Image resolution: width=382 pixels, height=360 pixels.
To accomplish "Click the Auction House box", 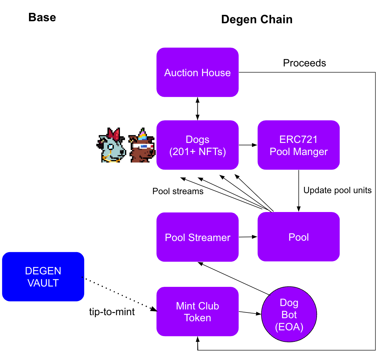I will tap(197, 72).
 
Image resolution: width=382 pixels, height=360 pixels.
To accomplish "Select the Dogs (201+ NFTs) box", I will tap(197, 145).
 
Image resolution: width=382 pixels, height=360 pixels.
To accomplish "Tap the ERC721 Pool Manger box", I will tap(298, 145).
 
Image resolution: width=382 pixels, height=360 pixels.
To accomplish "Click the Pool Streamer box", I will tap(197, 237).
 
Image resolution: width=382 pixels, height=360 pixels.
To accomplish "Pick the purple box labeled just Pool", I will tap(298, 237).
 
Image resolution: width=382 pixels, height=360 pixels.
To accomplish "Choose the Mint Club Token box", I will tap(197, 312).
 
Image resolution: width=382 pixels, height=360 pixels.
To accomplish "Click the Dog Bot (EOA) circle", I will tap(289, 315).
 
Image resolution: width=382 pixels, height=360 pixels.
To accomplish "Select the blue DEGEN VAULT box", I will tap(43, 277).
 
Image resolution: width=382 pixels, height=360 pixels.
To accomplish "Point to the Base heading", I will tap(42, 17).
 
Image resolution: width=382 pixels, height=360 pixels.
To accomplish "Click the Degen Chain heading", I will tap(257, 20).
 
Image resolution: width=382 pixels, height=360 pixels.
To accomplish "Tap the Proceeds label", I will tap(304, 63).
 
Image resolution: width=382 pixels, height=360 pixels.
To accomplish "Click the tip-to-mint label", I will tap(112, 312).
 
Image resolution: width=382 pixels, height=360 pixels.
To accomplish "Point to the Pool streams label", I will tap(178, 191).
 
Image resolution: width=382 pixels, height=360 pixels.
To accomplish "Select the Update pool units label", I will tap(337, 190).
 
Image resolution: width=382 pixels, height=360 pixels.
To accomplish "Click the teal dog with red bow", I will tap(111, 145).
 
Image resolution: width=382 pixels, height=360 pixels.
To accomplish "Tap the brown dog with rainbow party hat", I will tap(142, 146).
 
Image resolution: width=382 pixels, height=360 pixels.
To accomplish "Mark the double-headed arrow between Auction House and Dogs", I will tap(197, 109).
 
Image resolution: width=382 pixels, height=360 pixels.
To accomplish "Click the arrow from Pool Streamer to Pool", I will tap(248, 237).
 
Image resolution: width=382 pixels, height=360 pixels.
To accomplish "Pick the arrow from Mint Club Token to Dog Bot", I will tap(250, 313).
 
